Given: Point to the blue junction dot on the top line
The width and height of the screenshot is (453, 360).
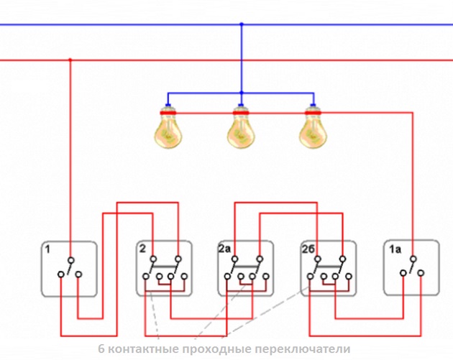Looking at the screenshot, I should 242,24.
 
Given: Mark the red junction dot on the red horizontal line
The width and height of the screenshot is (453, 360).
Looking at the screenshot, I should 70,60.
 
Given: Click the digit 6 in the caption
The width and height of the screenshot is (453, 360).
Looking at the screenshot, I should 101,349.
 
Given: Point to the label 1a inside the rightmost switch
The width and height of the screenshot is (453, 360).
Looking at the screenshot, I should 394,249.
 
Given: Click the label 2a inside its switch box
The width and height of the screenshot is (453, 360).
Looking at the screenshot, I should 225,249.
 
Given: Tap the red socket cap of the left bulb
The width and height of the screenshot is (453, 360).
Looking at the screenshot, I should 169,111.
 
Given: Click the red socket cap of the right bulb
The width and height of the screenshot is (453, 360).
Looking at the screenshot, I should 312,111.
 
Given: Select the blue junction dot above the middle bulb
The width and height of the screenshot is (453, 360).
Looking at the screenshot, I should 242,93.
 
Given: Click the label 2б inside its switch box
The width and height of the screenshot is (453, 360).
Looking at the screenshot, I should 308,249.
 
